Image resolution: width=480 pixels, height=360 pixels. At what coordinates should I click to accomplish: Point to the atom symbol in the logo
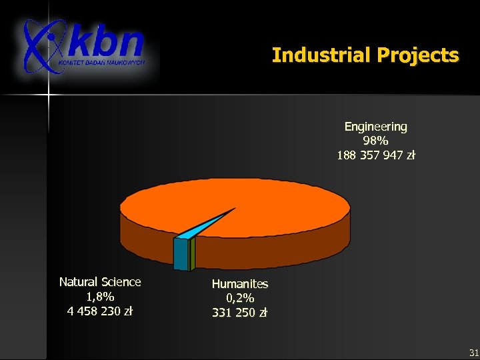[x=41, y=45]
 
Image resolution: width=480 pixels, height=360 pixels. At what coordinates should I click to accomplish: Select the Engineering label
[x=375, y=126]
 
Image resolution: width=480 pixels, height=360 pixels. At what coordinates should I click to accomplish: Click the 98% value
[x=375, y=141]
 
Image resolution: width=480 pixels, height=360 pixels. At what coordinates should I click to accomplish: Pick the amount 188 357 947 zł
[x=375, y=155]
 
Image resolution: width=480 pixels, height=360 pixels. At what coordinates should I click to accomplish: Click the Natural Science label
[x=100, y=282]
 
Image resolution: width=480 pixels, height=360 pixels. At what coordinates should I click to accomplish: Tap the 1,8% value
[x=100, y=296]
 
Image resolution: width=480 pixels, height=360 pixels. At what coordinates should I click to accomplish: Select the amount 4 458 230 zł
[x=100, y=311]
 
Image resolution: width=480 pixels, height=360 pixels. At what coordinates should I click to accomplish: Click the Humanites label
[x=240, y=284]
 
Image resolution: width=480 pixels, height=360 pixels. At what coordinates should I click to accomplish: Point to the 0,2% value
[x=240, y=298]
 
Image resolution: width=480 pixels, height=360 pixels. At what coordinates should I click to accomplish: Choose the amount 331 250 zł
[x=240, y=312]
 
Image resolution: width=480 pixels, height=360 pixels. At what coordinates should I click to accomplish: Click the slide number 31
[x=473, y=352]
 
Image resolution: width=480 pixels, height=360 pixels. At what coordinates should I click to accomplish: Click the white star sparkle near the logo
[x=48, y=95]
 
